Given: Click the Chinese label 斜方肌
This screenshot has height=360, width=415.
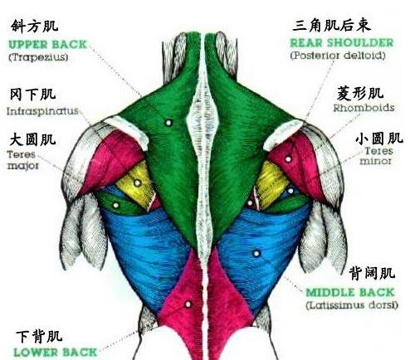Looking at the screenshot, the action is point(35,26).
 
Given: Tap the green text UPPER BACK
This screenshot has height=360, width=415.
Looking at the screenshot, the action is point(47,45).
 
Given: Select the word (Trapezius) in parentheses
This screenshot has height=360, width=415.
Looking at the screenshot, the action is point(38,57).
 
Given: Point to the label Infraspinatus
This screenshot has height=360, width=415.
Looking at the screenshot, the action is point(42,111).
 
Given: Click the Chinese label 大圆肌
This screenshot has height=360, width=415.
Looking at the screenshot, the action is point(32,139).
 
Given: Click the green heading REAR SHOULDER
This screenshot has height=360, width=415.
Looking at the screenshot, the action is point(342,43).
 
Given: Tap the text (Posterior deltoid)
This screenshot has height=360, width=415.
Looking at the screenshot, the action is point(338,56).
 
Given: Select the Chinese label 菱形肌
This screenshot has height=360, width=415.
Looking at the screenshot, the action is point(360,94).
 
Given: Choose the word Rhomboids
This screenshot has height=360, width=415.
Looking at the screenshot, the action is point(364,108).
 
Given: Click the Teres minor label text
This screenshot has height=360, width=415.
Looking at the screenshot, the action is point(377,156).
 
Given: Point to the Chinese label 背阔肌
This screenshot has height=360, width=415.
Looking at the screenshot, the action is point(372,273).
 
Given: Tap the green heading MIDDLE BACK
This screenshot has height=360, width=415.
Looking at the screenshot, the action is point(350,293).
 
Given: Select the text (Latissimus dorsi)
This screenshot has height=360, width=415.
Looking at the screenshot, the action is point(352,305).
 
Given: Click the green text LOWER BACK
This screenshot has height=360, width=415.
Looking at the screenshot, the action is point(56,353).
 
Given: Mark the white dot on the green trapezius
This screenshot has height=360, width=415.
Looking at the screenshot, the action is point(168,123).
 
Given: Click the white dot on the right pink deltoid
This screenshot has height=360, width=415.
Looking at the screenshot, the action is point(288,159).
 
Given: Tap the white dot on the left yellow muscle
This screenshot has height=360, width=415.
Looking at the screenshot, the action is point(137,182).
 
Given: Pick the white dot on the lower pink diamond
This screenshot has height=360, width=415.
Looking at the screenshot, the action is point(188,304).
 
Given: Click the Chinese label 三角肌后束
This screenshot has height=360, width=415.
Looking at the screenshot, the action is point(331,26).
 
